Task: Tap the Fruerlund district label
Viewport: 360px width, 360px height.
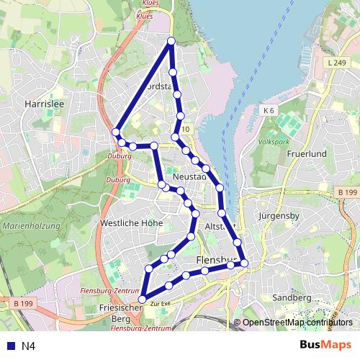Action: tap(307, 154)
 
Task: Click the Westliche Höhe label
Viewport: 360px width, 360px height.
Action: tap(131, 223)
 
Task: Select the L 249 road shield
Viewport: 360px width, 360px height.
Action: tap(336, 63)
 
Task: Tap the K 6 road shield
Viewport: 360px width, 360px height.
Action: tap(269, 110)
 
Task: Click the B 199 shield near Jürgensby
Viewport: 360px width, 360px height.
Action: tap(347, 192)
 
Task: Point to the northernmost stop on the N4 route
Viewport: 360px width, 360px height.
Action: tap(171, 42)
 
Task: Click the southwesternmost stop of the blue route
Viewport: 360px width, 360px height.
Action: tap(143, 299)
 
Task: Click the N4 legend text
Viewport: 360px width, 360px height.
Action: tap(29, 346)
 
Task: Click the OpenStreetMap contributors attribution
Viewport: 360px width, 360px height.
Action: tap(297, 323)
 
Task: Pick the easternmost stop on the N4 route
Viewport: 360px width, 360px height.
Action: tap(244, 263)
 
